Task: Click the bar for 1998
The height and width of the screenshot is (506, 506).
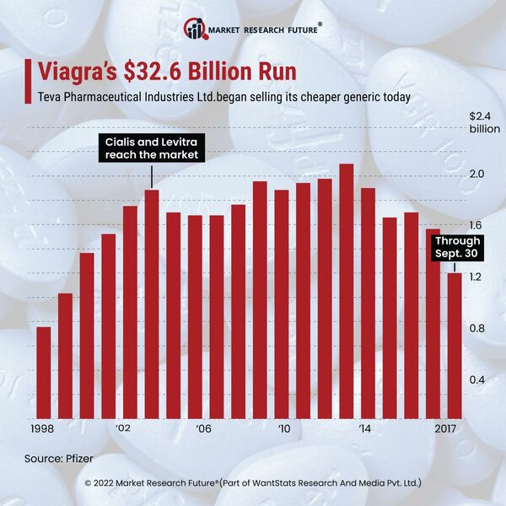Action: coord(44,372)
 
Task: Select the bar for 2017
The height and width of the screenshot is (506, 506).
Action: coord(454,345)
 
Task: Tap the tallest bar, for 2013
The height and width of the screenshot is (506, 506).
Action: coord(346,291)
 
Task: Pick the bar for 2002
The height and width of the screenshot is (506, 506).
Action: coord(130,312)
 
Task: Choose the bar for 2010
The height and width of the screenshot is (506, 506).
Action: coord(281,304)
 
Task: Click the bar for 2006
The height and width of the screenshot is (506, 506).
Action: coord(195,317)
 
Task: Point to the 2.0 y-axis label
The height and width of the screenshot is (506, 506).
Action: coord(476,174)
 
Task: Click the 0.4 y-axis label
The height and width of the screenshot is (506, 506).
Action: coord(476,379)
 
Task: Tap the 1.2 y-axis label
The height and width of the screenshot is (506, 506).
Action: coord(476,277)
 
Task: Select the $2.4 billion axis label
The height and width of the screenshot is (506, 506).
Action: coord(483,122)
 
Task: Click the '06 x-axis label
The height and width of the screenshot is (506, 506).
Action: coord(203,429)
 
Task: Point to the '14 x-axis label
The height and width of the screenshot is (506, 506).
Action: coord(365,429)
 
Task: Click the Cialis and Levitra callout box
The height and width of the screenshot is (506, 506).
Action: coord(152,148)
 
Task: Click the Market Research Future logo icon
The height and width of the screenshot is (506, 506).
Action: coord(196,30)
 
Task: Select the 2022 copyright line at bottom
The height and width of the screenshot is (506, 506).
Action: coord(253,482)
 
